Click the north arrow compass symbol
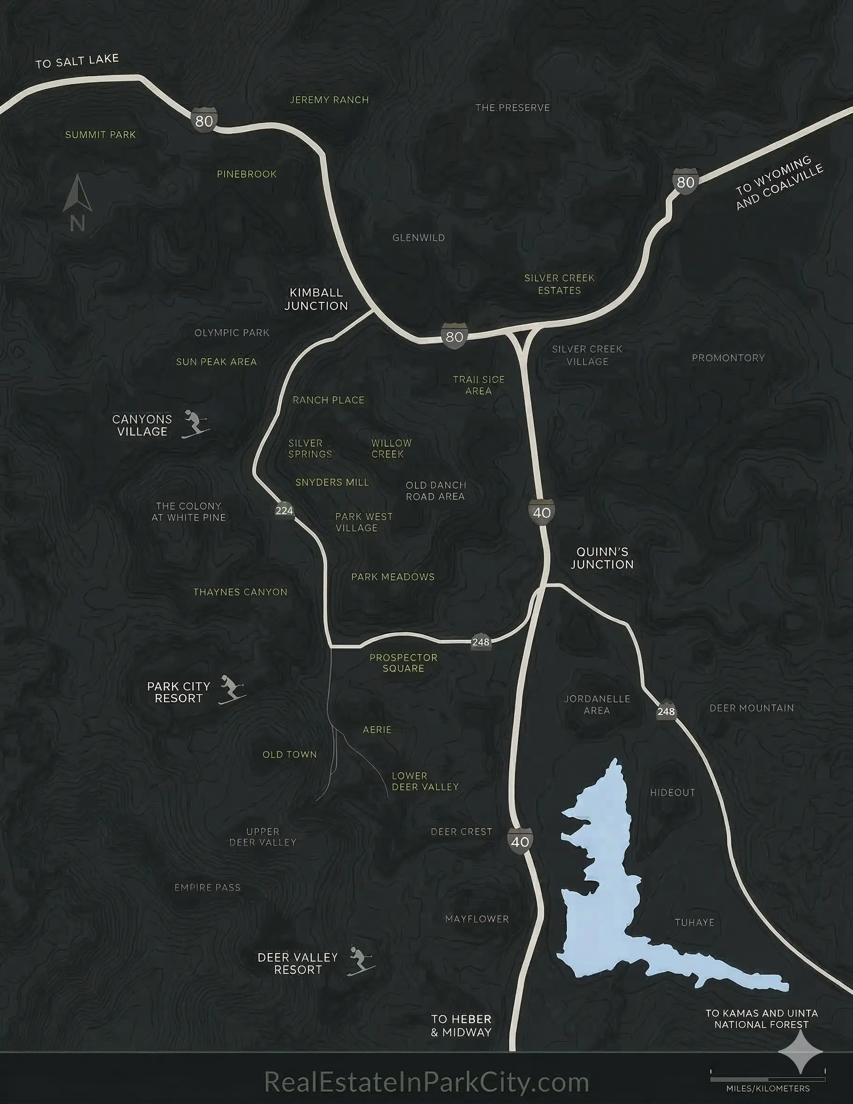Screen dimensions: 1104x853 click(77, 202)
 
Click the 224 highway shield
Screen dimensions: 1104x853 click(284, 510)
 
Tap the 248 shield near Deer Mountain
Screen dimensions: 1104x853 click(666, 711)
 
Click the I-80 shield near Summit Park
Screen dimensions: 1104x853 click(204, 120)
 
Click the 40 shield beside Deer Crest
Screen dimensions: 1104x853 click(520, 842)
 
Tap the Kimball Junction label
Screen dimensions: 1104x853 click(316, 299)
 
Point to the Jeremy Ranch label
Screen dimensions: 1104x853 click(329, 100)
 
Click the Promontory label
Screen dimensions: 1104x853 click(728, 358)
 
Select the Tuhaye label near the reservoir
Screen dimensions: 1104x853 click(695, 923)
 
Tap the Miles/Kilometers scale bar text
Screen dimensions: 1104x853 click(767, 1088)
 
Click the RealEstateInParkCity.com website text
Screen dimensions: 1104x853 click(426, 1082)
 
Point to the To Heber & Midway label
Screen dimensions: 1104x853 click(461, 1025)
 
